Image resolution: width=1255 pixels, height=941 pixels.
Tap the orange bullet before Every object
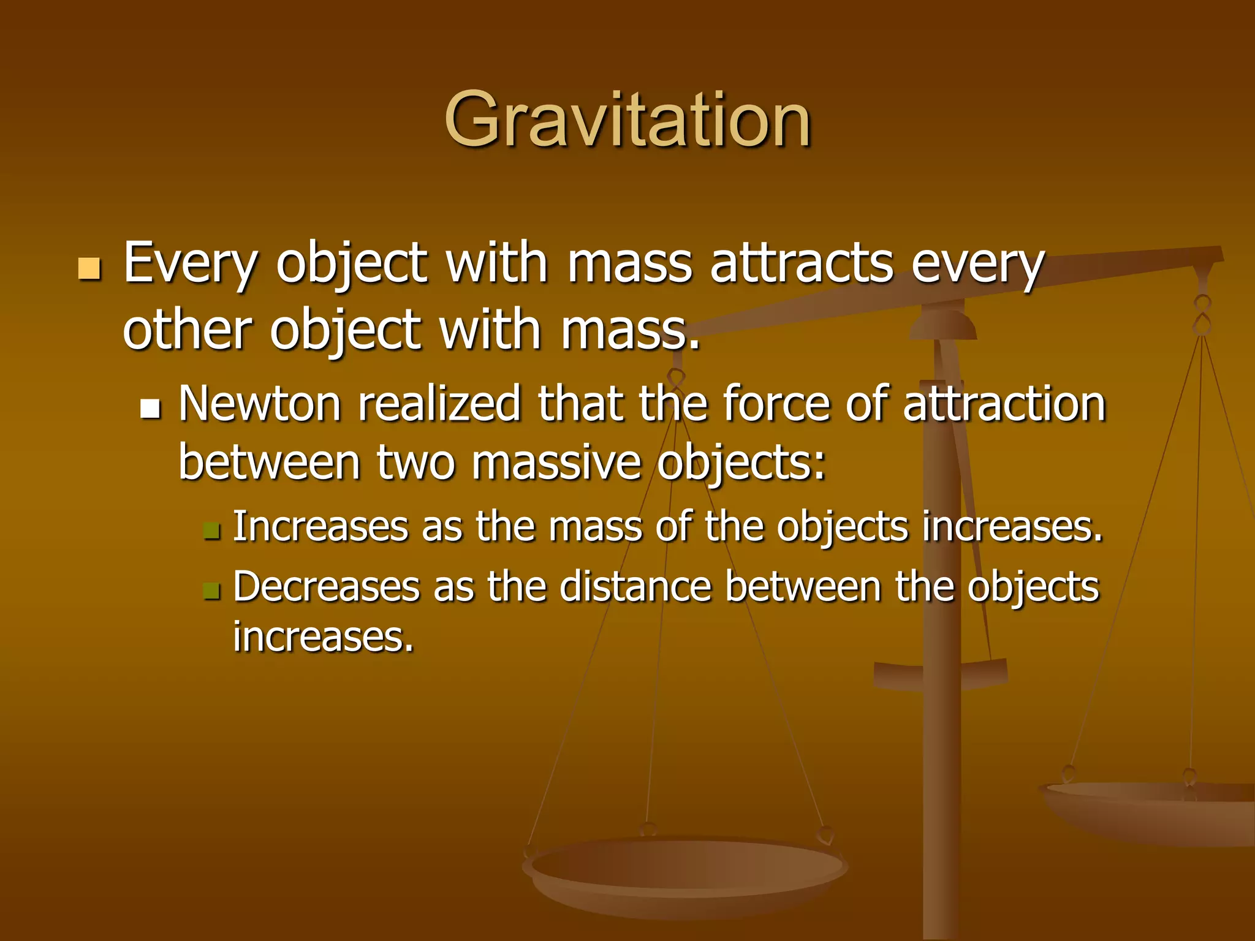point(89,268)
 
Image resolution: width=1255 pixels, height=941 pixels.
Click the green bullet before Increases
point(211,530)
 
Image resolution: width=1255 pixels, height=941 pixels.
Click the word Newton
point(260,404)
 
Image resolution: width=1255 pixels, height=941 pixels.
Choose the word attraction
point(1004,404)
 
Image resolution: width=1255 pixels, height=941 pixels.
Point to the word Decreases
point(326,587)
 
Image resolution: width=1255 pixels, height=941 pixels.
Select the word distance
point(635,587)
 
